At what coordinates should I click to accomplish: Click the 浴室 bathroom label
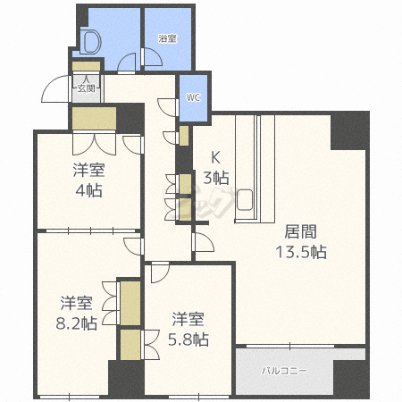tap(167, 38)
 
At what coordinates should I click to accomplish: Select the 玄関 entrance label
tap(86, 87)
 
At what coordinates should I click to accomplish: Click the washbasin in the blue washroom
tap(89, 40)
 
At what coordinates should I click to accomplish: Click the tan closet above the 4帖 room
tap(94, 118)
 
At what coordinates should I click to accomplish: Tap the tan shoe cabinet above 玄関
tap(86, 66)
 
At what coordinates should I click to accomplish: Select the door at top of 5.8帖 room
tap(159, 272)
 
